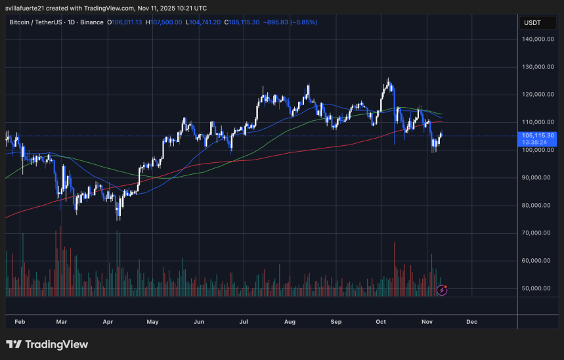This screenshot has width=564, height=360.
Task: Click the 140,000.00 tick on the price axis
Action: tap(537, 39)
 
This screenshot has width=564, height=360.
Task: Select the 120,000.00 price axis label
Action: tap(537, 95)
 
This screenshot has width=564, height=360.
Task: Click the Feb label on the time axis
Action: tap(20, 323)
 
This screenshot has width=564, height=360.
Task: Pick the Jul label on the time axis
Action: tap(244, 323)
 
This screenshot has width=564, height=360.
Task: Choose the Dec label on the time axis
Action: tap(471, 323)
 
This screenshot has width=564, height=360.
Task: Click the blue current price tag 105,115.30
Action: tap(537, 135)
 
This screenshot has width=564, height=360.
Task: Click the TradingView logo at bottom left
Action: tap(47, 345)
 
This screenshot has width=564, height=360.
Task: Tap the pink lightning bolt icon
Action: tap(442, 289)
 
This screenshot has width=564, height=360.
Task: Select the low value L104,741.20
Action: tap(204, 22)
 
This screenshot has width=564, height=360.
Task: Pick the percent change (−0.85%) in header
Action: tap(300, 22)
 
